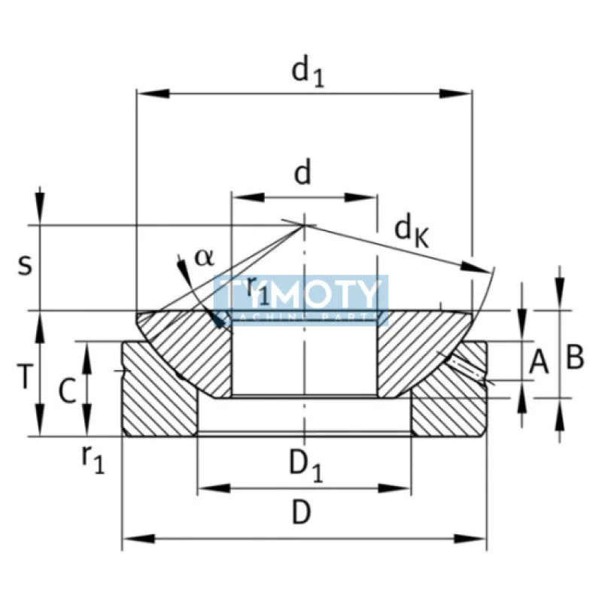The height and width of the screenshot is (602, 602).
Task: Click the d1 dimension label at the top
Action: coord(308,73)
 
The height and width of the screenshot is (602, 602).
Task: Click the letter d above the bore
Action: coord(302,174)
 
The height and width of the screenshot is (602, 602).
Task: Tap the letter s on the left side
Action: coord(24,265)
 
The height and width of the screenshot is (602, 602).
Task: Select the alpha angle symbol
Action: coord(204,257)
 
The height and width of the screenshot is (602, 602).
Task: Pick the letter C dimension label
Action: coord(68,391)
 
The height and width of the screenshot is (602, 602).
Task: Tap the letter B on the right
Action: coord(575,358)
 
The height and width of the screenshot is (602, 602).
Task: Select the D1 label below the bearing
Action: coord(306,467)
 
